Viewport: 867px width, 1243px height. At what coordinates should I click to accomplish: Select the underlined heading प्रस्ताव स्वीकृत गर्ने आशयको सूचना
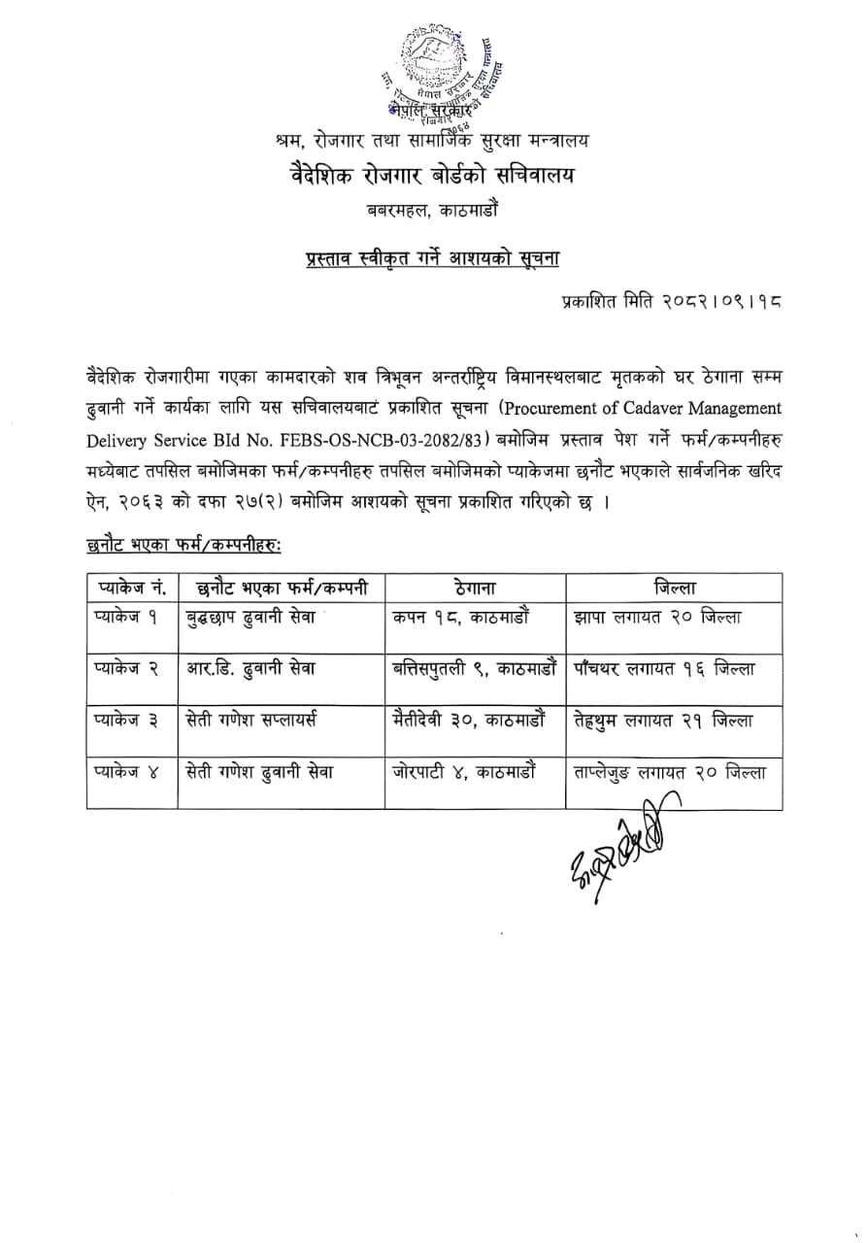click(432, 258)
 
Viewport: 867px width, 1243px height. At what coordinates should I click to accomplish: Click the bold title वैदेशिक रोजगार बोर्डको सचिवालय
click(432, 176)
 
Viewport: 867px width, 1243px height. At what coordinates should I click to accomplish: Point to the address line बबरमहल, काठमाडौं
click(432, 209)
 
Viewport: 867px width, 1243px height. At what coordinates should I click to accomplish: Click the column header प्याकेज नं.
click(132, 588)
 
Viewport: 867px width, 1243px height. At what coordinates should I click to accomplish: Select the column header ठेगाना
click(474, 588)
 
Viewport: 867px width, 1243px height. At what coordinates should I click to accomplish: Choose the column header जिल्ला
click(674, 588)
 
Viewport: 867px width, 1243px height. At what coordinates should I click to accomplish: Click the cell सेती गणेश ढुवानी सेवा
click(259, 772)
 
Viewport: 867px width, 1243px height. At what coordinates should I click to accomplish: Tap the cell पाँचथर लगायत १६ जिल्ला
click(663, 669)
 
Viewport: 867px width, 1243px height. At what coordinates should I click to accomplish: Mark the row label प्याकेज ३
click(126, 721)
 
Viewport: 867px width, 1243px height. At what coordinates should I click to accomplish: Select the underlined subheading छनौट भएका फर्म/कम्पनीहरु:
click(183, 547)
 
